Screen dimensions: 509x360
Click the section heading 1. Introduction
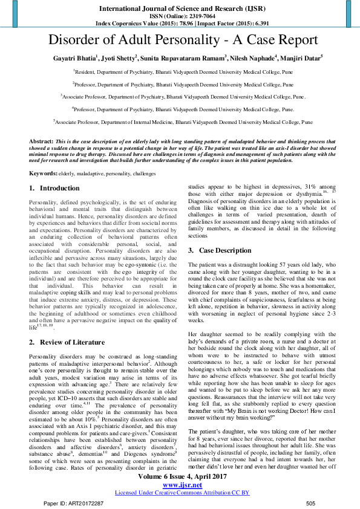point(55,189)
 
